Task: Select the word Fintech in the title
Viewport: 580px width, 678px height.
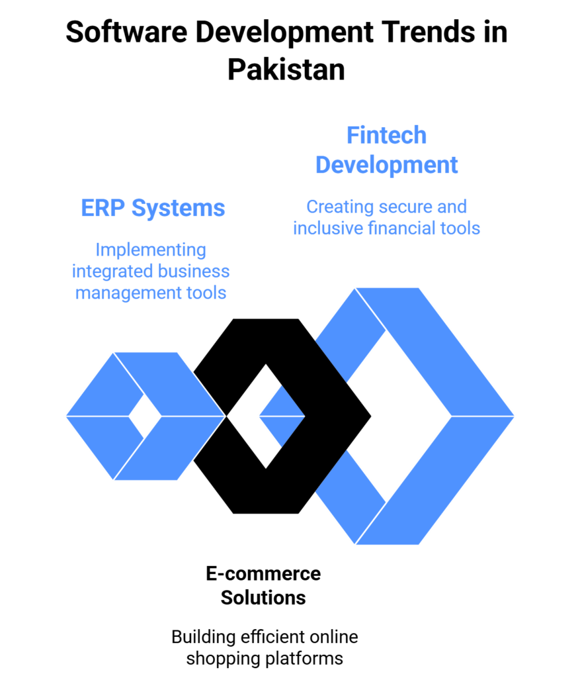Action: [387, 135]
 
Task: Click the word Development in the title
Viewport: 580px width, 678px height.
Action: [387, 164]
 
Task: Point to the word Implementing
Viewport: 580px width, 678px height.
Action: [151, 250]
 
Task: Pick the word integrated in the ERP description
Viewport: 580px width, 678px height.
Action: [111, 271]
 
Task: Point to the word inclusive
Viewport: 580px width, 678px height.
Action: [319, 228]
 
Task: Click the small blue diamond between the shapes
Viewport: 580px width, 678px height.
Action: [281, 416]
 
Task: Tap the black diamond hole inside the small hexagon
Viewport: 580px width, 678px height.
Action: [145, 416]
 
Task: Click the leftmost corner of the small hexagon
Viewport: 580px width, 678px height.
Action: [66, 416]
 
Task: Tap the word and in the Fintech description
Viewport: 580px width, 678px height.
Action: [451, 207]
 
